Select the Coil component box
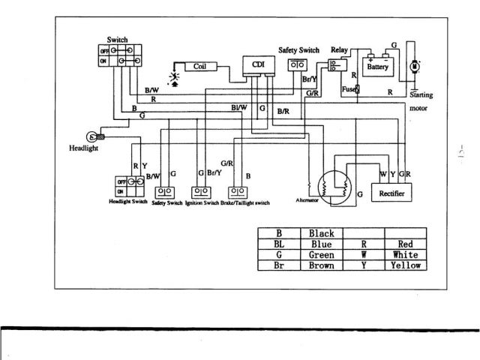(199, 66)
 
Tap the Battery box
(377, 66)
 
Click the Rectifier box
(391, 193)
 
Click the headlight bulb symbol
(91, 136)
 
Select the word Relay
(339, 49)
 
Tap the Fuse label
(349, 89)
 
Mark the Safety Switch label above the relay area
(298, 49)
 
